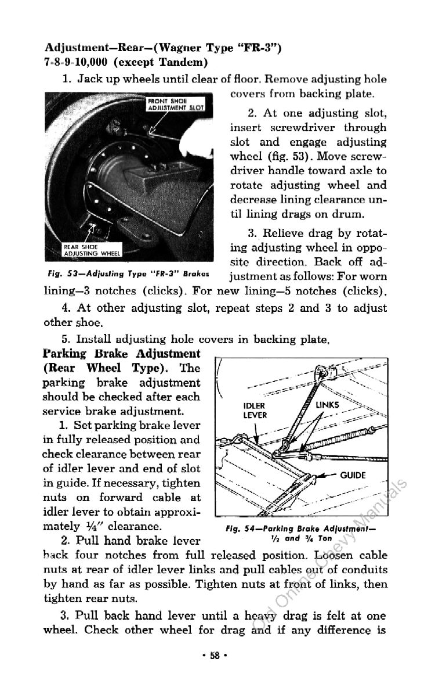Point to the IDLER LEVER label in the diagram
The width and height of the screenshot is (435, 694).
255,410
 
